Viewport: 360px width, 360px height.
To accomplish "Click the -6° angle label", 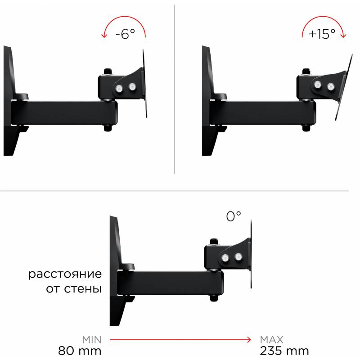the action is [x=125, y=34].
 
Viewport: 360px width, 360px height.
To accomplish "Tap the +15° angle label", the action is [x=322, y=34].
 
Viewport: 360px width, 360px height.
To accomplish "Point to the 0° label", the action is [x=234, y=216].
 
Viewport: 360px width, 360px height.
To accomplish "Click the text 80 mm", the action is [x=80, y=351].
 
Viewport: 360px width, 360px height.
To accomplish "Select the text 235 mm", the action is [x=284, y=351].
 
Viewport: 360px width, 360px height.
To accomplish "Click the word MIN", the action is [x=92, y=340].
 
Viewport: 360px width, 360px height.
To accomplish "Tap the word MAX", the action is [x=272, y=340].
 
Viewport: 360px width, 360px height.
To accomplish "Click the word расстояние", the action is [x=65, y=274].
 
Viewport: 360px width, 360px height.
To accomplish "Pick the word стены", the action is [x=83, y=289].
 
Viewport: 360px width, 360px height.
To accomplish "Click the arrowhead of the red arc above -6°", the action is [x=104, y=36].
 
